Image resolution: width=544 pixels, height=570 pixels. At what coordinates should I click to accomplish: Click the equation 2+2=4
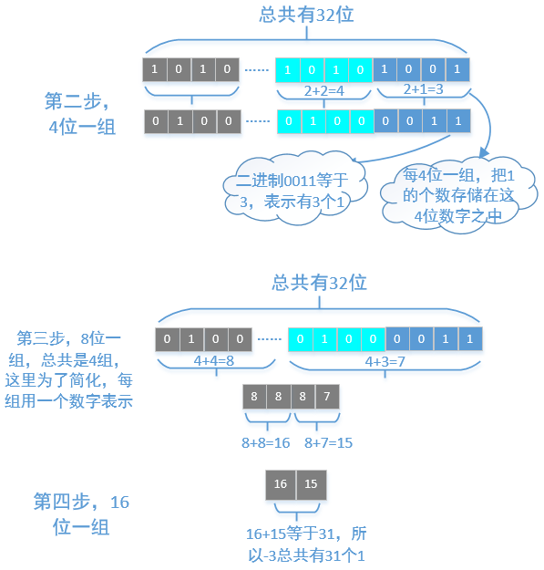[x=323, y=91]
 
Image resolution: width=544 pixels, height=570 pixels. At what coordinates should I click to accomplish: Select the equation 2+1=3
[x=424, y=89]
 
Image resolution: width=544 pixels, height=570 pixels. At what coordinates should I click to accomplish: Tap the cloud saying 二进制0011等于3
[x=294, y=190]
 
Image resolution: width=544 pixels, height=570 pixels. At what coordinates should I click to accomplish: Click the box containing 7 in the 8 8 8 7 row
[x=327, y=397]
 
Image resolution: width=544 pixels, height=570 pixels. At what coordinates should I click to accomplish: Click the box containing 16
[x=280, y=482]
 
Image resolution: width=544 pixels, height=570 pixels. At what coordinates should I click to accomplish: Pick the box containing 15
[x=310, y=482]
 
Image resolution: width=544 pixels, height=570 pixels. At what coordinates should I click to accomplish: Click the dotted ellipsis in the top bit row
[x=258, y=69]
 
